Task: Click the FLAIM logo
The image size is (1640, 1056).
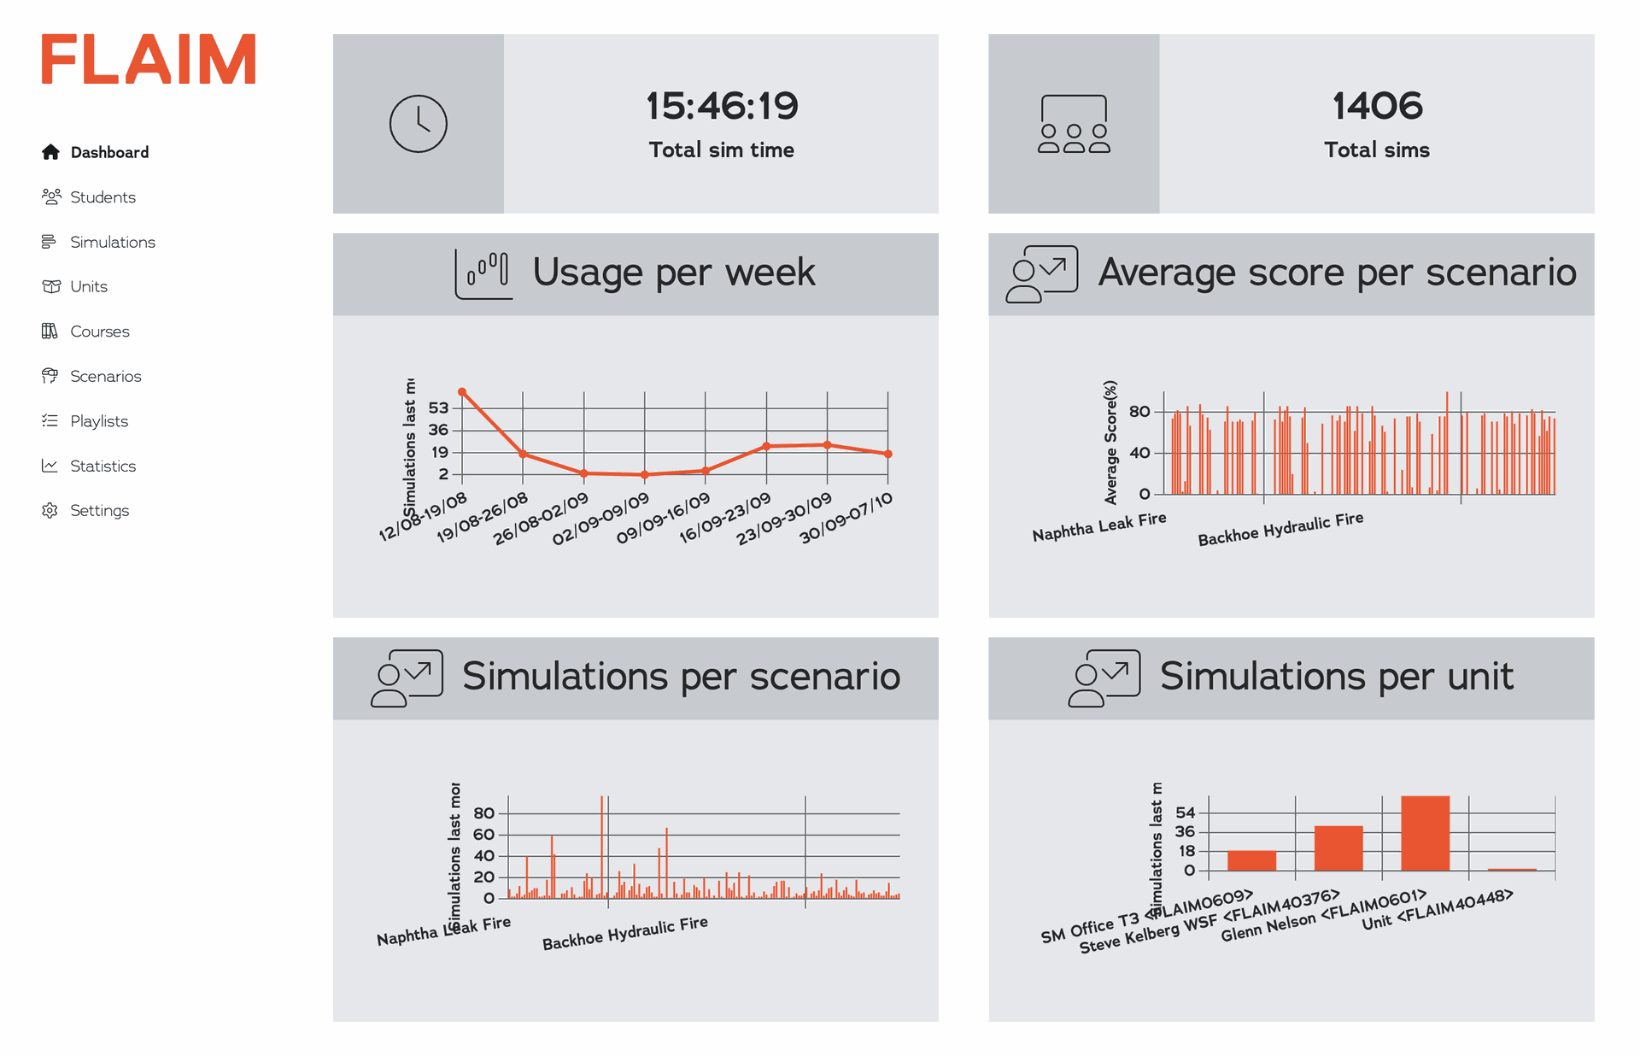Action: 149,59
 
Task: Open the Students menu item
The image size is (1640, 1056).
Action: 102,197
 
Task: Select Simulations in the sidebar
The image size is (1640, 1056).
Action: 112,242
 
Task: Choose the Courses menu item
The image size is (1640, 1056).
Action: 99,331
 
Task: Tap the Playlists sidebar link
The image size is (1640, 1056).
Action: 98,421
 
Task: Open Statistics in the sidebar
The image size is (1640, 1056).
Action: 102,466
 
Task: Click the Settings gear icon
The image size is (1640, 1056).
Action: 50,510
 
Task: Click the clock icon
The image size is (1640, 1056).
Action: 418,124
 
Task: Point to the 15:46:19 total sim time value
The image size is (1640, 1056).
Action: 722,106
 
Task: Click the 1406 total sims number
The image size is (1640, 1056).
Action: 1377,106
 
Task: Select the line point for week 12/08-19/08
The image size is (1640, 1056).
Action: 462,392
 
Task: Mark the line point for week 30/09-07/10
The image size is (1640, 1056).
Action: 888,454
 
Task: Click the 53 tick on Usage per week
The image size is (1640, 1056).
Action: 438,408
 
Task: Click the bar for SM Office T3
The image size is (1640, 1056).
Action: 1251,860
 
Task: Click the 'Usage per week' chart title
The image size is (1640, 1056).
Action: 673,273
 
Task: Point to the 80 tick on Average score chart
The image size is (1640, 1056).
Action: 1139,412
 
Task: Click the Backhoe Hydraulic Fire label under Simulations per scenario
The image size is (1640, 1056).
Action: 625,933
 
